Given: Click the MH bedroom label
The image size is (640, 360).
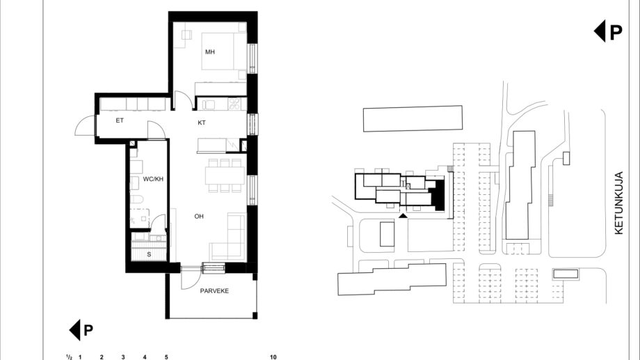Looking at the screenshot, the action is [x=210, y=52].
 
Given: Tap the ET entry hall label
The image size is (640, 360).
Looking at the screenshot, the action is [x=120, y=120].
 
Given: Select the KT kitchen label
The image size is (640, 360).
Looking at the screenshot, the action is [x=202, y=123].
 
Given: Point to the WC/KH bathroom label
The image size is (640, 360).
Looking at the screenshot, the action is [x=153, y=179].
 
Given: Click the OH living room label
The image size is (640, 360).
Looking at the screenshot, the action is [x=199, y=216].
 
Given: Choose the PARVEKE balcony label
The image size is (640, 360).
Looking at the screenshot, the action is [x=214, y=291].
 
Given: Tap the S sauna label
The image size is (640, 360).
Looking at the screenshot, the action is [x=149, y=254].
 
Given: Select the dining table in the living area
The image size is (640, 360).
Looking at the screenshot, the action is [x=225, y=175].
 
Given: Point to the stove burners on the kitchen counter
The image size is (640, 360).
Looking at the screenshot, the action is [x=234, y=104].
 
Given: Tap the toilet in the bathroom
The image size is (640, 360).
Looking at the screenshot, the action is [x=136, y=199].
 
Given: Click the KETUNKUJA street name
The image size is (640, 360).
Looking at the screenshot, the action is [x=618, y=203].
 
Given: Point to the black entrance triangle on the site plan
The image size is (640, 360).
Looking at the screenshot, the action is [x=403, y=215].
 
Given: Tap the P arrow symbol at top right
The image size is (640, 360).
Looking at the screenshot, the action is [x=608, y=31].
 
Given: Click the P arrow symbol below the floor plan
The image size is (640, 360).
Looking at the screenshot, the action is [x=81, y=330].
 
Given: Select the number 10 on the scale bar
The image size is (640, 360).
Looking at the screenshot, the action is [x=273, y=357].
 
